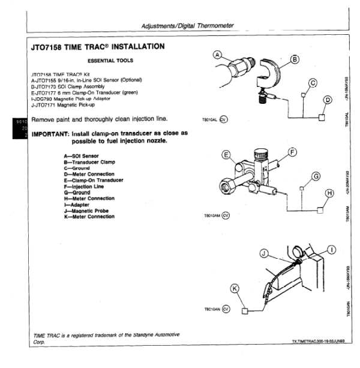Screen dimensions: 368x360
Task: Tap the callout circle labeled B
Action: pos(295,59)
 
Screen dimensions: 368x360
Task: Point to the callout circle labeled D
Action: pos(328,100)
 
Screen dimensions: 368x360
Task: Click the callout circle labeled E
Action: pos(226,155)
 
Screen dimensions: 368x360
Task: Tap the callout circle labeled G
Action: pos(316,176)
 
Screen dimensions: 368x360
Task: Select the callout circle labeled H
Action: pos(328,193)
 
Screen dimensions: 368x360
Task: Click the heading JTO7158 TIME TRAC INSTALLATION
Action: pos(97,46)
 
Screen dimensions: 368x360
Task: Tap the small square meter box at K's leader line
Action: pos(245,311)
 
